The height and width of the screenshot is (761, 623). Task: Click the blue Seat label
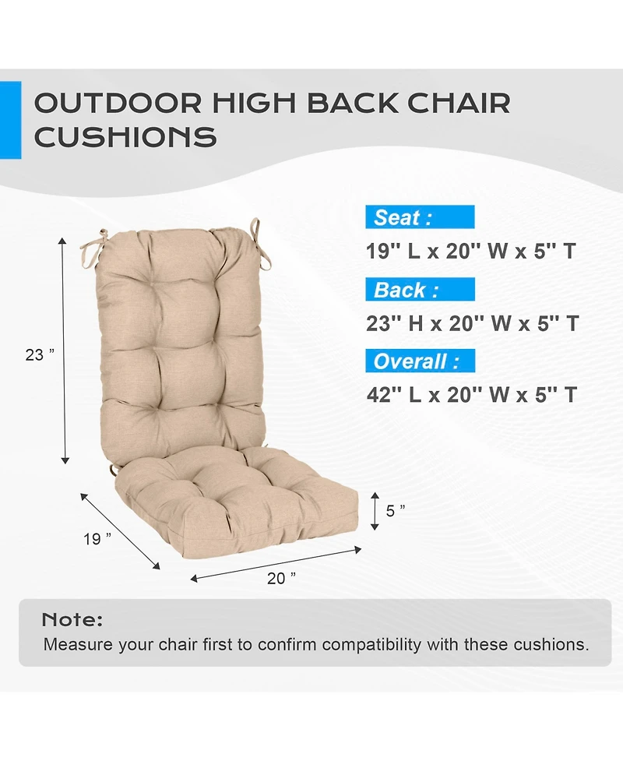(x=419, y=217)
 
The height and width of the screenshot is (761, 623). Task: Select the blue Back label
(x=419, y=291)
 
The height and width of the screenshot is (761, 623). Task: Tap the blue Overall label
(x=419, y=362)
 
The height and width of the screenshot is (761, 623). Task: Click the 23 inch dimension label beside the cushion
(x=40, y=354)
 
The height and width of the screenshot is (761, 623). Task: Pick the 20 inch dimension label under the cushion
(x=281, y=578)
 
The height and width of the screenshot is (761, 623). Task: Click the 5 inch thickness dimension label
(x=396, y=511)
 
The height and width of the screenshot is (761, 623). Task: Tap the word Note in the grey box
(x=72, y=621)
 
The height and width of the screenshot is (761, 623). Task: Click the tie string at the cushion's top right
(x=254, y=231)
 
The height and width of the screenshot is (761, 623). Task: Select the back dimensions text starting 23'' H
(x=472, y=323)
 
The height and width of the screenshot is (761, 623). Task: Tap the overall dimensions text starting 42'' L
(x=472, y=395)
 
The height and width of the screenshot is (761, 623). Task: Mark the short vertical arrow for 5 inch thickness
(x=375, y=511)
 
